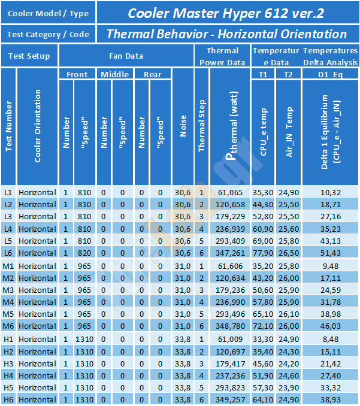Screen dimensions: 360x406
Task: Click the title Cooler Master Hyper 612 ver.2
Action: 226,13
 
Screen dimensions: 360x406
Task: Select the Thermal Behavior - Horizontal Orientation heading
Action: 226,34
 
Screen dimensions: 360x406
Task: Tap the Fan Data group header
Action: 126,56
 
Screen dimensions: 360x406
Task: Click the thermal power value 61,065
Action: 230,193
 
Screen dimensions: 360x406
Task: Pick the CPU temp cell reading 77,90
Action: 263,253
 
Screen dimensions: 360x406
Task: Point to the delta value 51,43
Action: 331,253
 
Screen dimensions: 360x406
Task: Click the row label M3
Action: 8,290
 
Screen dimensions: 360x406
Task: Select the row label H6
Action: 8,400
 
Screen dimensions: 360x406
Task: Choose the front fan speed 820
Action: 84,253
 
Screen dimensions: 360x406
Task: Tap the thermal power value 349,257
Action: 230,400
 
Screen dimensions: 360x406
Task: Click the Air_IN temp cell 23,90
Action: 289,388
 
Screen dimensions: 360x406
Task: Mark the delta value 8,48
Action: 331,339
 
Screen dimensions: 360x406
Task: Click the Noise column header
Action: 183,126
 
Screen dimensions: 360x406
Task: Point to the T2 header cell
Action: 288,75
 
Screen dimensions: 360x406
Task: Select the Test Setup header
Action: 29,56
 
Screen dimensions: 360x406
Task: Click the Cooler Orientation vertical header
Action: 38,126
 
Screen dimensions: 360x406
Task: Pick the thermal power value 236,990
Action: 230,302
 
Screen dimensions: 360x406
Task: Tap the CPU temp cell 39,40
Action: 263,352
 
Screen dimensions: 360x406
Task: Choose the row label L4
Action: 8,229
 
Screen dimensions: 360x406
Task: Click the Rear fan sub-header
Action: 153,75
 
